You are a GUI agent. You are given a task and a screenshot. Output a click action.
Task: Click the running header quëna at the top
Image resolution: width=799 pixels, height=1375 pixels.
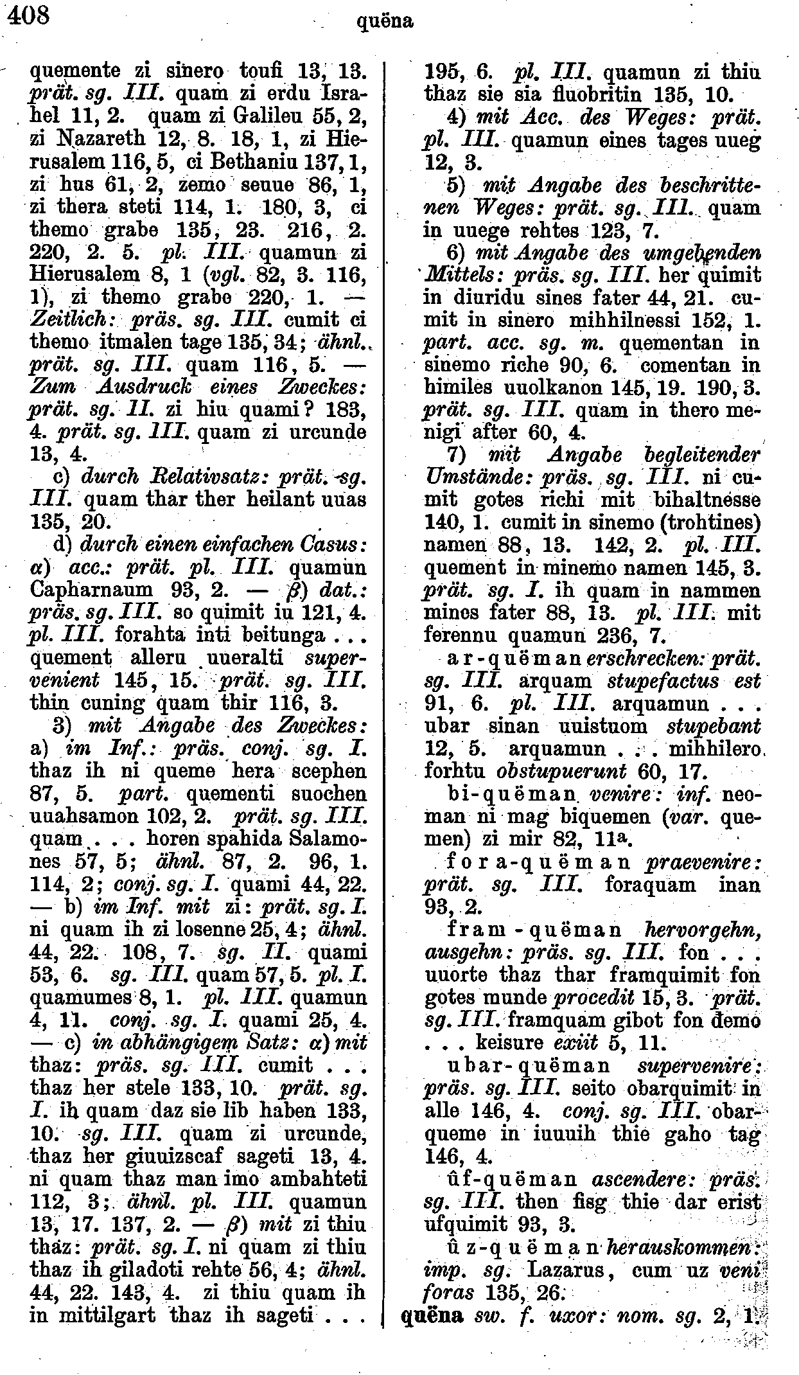pyautogui.click(x=384, y=22)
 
